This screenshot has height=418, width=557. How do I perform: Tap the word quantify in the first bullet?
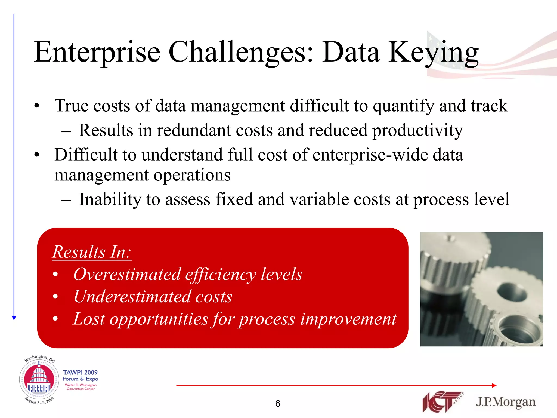pos(403,106)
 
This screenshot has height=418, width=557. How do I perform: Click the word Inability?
pos(110,199)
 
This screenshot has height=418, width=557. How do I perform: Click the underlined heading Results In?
pos(92,252)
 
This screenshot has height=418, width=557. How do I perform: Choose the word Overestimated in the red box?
pos(127,274)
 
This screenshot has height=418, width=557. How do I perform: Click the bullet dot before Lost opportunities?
pos(55,319)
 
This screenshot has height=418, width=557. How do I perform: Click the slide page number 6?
pos(277,404)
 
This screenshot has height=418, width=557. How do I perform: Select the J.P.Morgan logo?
pos(506,402)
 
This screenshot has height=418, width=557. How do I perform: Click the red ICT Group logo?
pos(442,402)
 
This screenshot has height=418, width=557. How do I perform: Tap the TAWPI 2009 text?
pos(80,372)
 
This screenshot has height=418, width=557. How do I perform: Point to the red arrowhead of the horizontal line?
pos(494,385)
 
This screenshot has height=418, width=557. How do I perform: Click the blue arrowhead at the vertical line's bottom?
pos(14,318)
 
